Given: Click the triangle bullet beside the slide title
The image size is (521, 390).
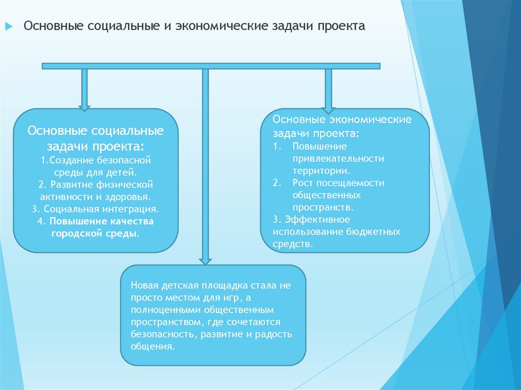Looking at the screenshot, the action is [x=9, y=26].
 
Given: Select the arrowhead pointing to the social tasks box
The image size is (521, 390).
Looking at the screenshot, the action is [x=84, y=107].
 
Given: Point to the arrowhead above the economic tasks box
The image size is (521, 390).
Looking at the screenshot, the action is [x=328, y=109].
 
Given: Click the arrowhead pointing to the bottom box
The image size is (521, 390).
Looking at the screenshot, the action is [x=205, y=261].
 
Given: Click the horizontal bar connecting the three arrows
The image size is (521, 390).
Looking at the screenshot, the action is [x=211, y=66].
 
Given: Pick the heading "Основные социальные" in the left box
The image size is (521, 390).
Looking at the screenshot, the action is [x=96, y=131].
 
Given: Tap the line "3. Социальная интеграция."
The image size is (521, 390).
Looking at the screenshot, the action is [x=96, y=208].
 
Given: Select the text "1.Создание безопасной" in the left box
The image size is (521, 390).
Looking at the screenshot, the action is [x=96, y=160].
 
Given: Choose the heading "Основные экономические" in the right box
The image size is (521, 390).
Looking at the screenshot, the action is [x=342, y=120].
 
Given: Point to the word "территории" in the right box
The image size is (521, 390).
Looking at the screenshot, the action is [x=320, y=171].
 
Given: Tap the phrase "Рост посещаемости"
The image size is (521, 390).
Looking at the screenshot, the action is [x=338, y=183].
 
